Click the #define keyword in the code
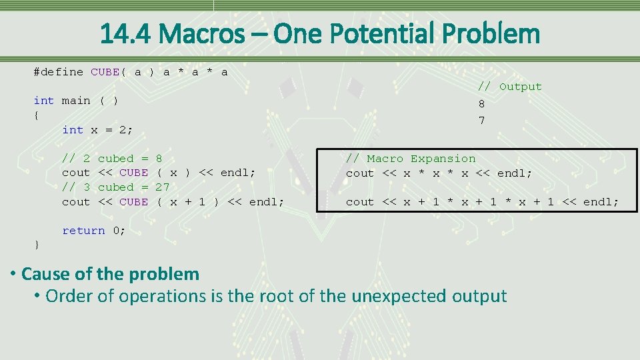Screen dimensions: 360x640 pos(59,72)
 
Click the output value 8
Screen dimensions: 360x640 pos(481,104)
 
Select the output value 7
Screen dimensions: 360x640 pos(481,121)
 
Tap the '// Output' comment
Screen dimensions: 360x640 pos(510,87)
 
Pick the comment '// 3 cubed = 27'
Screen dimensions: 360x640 pos(115,187)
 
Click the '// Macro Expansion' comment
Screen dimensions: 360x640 pos(411,159)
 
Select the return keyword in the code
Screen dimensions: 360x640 pos(83,231)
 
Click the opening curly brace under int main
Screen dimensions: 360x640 pos(37,115)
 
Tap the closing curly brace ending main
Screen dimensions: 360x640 pos(37,245)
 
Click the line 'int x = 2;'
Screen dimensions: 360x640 pos(97,130)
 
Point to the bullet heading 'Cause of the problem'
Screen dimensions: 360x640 pos(110,274)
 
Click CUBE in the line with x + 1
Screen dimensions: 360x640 pos(133,202)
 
